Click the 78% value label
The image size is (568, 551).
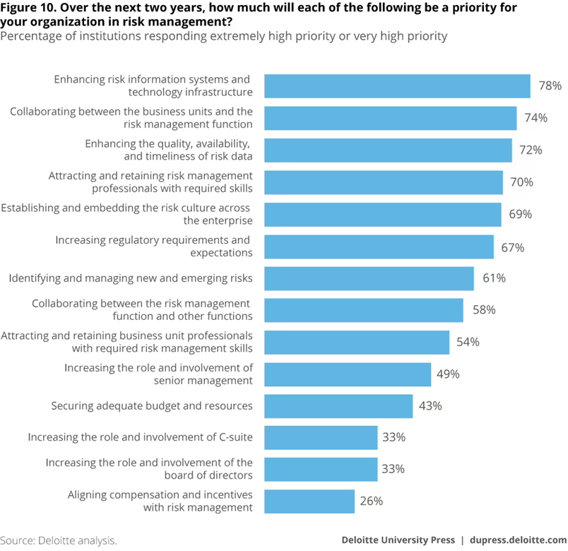[550, 85]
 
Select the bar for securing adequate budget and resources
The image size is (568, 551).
[338, 406]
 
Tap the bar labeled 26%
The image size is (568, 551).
[309, 502]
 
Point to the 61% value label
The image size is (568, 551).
[494, 278]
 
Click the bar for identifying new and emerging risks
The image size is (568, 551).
[369, 278]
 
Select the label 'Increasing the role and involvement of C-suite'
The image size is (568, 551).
[141, 437]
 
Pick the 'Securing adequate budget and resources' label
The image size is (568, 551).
[152, 406]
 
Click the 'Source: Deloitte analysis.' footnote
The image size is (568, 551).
[59, 540]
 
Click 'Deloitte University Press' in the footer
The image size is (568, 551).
[398, 540]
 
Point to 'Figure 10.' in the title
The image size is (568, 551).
[28, 8]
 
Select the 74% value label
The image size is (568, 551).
[536, 118]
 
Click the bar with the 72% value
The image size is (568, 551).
[388, 150]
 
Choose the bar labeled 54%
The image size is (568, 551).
[357, 343]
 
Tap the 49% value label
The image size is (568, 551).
[448, 374]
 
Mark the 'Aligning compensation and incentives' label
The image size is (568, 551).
[160, 495]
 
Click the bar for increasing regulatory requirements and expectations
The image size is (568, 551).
[379, 247]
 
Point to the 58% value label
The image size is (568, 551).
[484, 310]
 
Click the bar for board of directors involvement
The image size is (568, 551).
[321, 469]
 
